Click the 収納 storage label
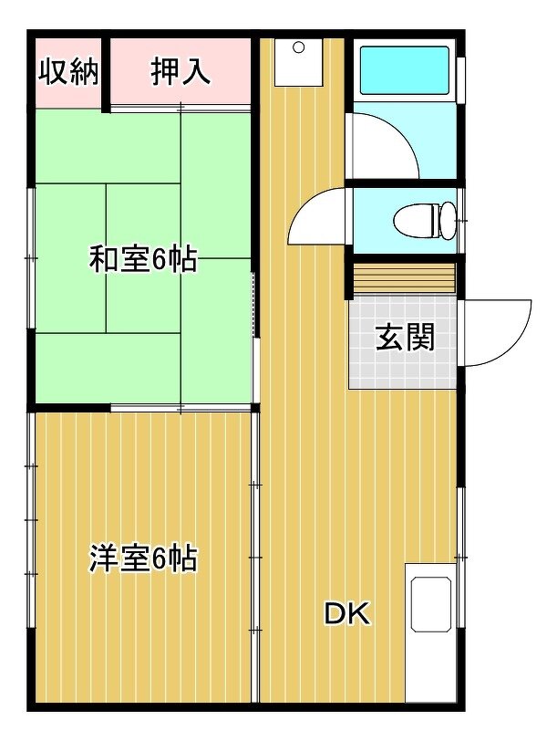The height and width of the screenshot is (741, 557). [68, 72]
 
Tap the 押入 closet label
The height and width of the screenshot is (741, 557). [181, 72]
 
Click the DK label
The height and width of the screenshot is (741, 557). [347, 613]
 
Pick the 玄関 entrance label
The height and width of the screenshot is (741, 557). [405, 338]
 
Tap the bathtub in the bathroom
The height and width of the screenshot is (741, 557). [405, 70]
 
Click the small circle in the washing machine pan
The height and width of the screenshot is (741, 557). [299, 47]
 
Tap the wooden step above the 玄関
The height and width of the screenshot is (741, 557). [405, 278]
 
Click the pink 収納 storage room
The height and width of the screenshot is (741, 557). [68, 72]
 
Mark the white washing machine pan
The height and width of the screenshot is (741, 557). [299, 63]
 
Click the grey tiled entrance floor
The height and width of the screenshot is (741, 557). [403, 342]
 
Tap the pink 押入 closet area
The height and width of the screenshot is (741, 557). [181, 71]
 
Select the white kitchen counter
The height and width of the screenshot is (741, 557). [430, 632]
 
